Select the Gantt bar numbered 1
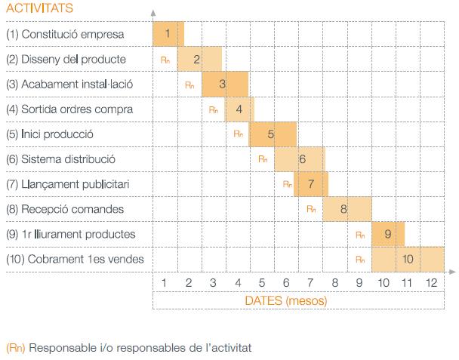(168, 33)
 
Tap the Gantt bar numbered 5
(272, 134)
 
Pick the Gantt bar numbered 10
(408, 259)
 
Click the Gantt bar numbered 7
(310, 183)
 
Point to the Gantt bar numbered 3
(224, 84)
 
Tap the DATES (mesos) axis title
(286, 300)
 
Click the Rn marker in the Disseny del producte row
(165, 59)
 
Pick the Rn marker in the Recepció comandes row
(311, 209)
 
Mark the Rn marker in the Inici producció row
(238, 134)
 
